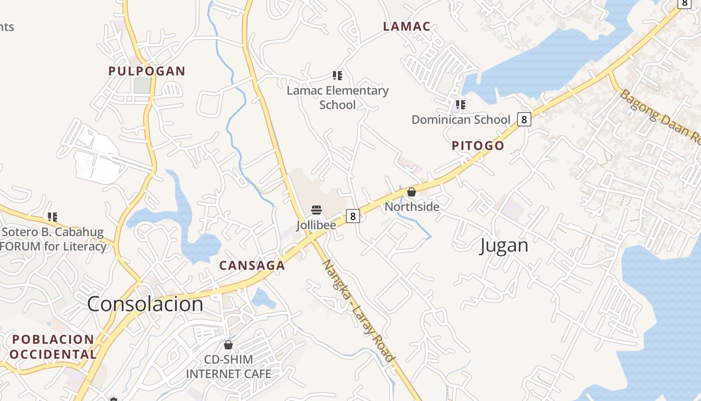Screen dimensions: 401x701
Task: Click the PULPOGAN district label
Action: tap(147, 71)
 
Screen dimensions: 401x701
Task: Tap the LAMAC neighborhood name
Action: tap(407, 27)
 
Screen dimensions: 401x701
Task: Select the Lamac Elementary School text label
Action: tap(337, 98)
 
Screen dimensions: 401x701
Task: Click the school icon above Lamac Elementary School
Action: tap(337, 76)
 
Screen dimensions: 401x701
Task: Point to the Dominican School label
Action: tap(461, 120)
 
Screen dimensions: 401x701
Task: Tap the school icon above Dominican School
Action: tap(461, 105)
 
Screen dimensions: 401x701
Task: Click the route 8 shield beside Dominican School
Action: tap(524, 119)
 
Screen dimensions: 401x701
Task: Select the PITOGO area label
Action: tap(478, 146)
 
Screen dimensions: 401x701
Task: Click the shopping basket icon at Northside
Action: tap(412, 192)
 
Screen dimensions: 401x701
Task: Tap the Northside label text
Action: tap(412, 207)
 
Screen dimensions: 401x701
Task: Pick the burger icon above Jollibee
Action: tap(316, 210)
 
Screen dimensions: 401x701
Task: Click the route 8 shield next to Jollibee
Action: tap(353, 217)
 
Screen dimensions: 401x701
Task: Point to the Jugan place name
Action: tap(504, 246)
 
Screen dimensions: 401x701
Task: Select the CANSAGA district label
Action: tap(252, 266)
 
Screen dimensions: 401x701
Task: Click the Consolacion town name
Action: tap(145, 304)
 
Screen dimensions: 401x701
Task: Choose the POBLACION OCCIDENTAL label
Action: tap(53, 347)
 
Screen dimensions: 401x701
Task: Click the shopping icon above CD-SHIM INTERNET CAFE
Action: tap(228, 345)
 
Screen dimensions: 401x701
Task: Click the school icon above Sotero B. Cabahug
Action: tap(53, 217)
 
